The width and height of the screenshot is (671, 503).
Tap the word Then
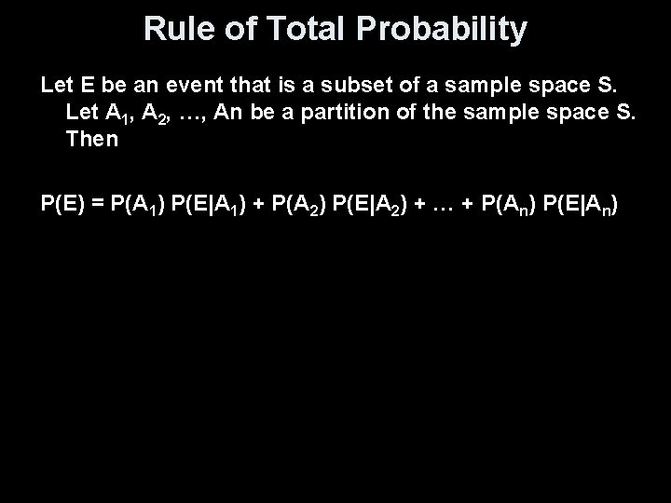coord(92,140)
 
